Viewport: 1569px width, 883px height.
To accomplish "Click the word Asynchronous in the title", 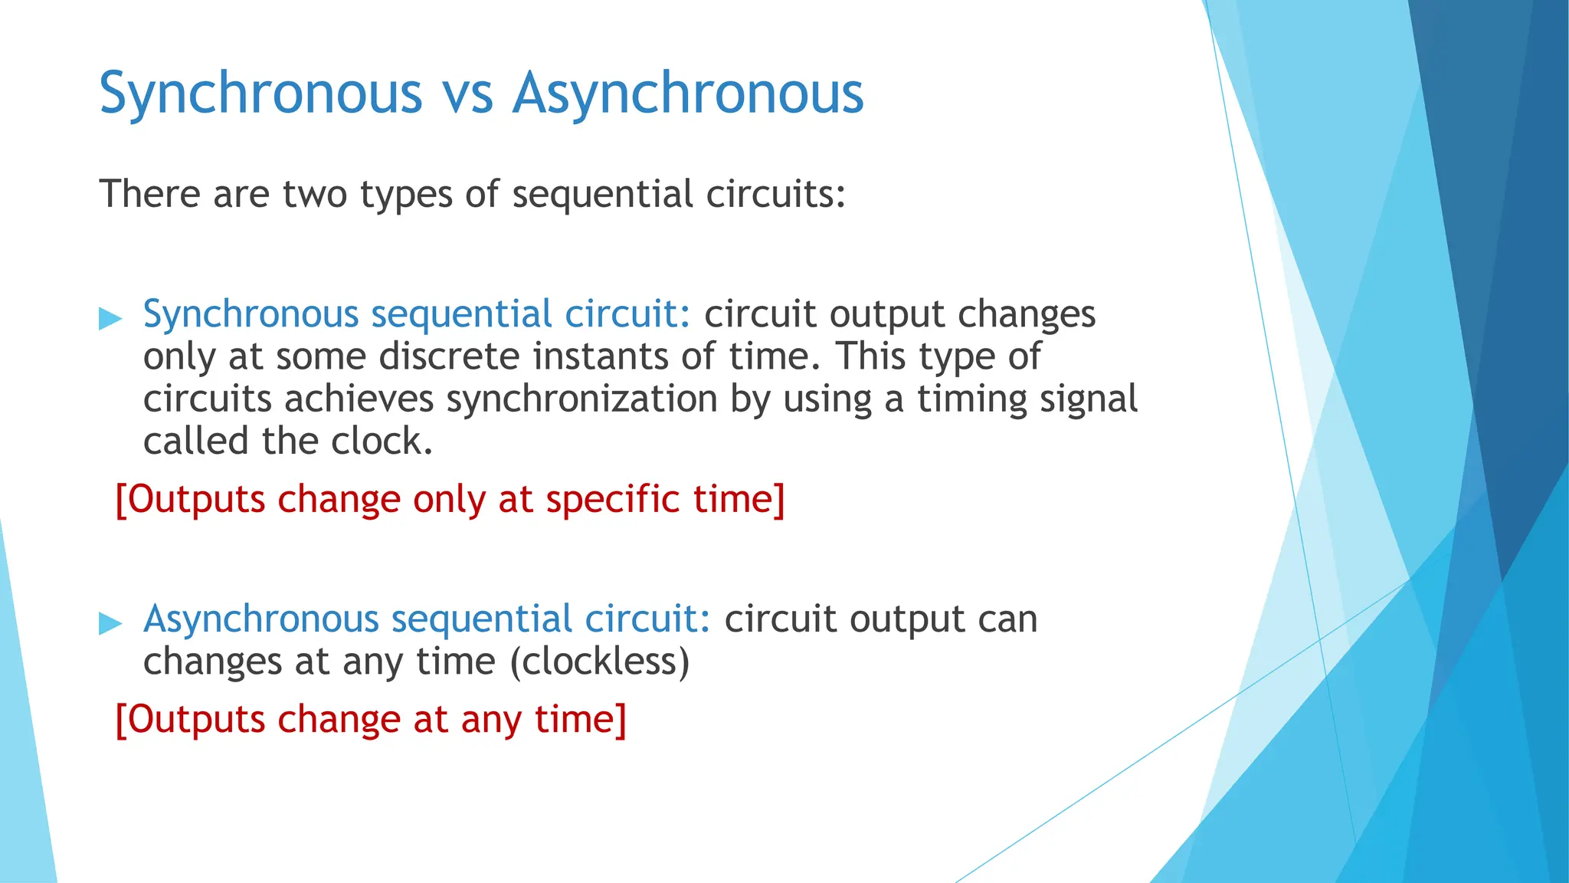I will (688, 94).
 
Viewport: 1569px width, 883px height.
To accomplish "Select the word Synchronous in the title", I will (260, 94).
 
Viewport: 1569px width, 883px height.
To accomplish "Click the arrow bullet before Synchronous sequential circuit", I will (110, 317).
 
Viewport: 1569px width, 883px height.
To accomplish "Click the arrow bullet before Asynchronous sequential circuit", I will (110, 622).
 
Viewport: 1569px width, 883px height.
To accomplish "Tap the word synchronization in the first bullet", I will (581, 399).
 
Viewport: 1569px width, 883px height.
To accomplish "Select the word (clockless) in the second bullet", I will (600, 661).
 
